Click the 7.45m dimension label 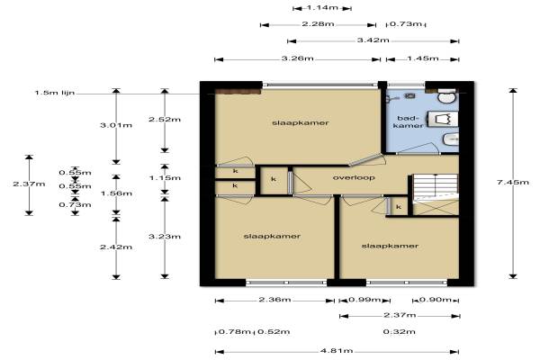(x=513, y=182)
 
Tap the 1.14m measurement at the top (x=322, y=7)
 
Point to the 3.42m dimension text (x=373, y=40)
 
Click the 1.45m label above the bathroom (x=423, y=58)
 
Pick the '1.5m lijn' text (x=55, y=93)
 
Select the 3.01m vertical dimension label (x=116, y=125)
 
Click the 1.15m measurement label (x=165, y=178)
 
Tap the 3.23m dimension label (x=165, y=237)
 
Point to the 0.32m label (x=399, y=332)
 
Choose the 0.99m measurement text (x=364, y=300)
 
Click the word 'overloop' (x=354, y=178)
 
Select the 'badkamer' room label (x=408, y=122)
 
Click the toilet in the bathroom (x=447, y=95)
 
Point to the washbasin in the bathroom (x=451, y=139)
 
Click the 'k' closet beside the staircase (x=399, y=207)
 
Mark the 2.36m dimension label (x=274, y=300)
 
